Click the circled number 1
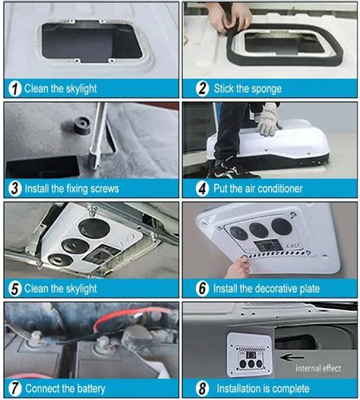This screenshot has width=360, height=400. (14, 88)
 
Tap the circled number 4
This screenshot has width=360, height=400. (201, 188)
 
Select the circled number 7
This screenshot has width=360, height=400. (14, 387)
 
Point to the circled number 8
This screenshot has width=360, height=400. (201, 387)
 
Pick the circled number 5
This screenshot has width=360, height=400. (14, 288)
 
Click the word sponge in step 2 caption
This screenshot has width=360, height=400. (264, 88)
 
